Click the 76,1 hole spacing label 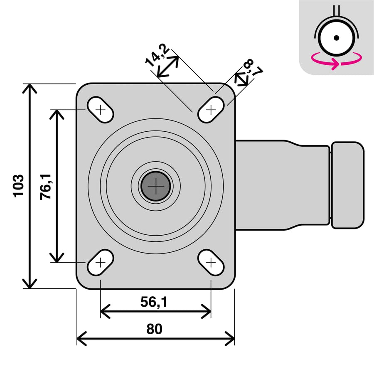click(45, 186)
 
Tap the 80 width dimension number click(154, 329)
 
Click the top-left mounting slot click(100, 110)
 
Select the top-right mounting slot click(211, 110)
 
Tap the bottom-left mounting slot click(100, 262)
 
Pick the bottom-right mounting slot click(211, 262)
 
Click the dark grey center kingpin click(156, 187)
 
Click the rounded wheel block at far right click(347, 185)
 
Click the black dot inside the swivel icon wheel click(337, 38)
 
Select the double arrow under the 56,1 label click(156, 311)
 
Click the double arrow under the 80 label click(156, 338)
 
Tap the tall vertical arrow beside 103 click(30, 186)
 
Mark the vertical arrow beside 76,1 click(56, 186)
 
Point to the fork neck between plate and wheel click(283, 185)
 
